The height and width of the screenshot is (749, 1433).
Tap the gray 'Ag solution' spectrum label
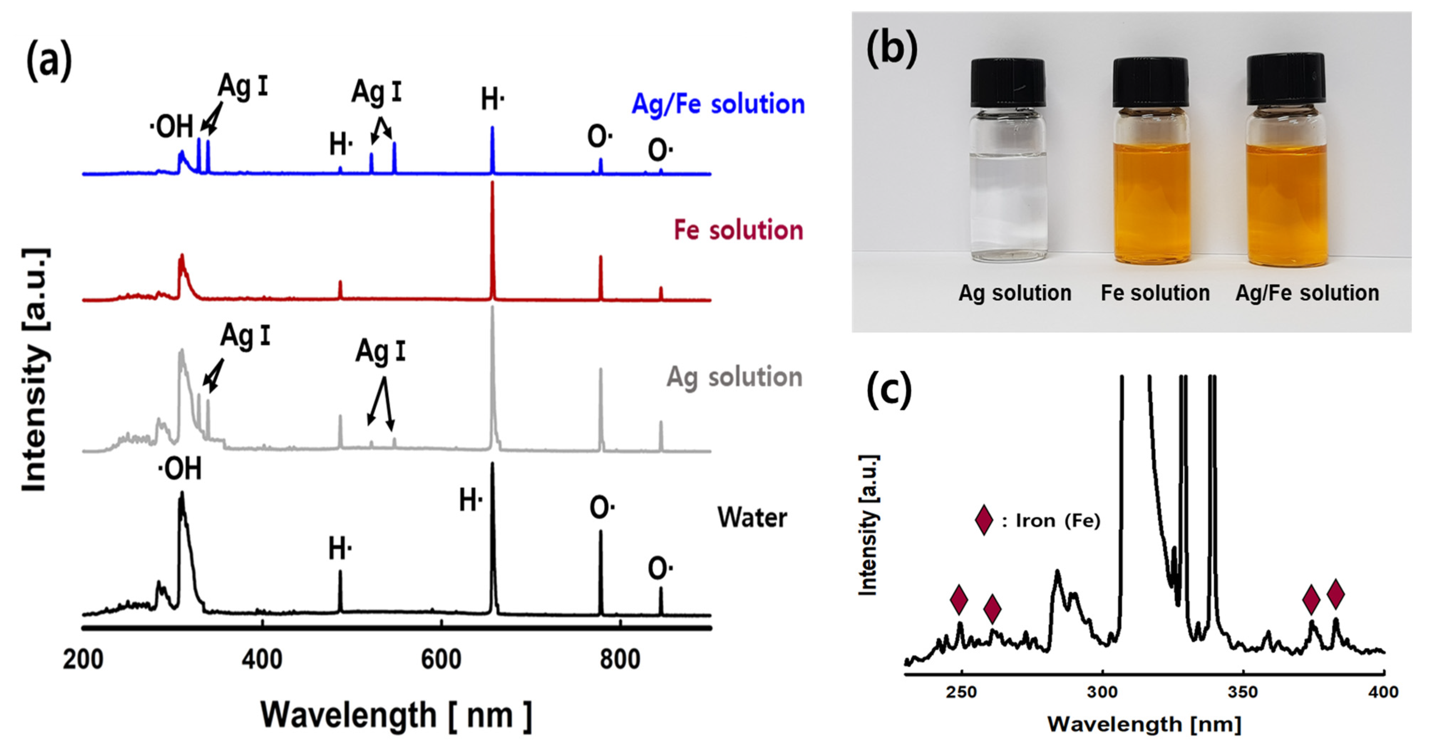click(734, 378)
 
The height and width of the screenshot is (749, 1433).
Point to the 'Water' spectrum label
click(752, 518)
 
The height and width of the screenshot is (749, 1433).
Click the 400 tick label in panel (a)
click(262, 660)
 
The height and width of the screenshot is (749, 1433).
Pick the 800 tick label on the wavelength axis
click(620, 660)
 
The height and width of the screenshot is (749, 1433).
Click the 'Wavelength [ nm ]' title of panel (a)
click(396, 715)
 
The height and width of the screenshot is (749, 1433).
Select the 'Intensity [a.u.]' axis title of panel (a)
click(35, 370)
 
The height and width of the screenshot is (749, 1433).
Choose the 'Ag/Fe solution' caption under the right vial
click(1307, 293)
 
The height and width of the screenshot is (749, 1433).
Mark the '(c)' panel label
click(888, 391)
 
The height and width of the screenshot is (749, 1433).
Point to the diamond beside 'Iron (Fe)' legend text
click(984, 520)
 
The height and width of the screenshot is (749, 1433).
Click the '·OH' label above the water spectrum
click(180, 469)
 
